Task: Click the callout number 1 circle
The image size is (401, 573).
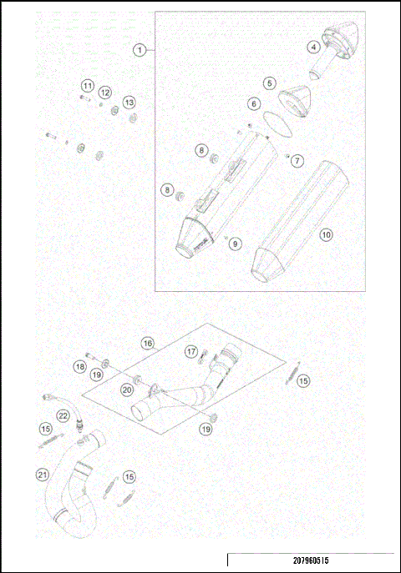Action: coord(140,49)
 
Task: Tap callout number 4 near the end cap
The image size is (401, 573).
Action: coord(314,48)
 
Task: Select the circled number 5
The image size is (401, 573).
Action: coord(269,83)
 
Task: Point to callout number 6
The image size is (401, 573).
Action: coord(252,104)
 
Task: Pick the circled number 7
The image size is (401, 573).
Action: coord(297,159)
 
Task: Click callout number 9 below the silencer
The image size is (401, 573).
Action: coord(236,244)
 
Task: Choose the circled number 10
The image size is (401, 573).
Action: coord(327,235)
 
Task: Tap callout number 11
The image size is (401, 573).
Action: coord(87,86)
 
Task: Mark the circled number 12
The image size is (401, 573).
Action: coord(105,92)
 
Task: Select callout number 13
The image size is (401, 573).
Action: coord(129,102)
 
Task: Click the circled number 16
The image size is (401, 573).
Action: coord(147,343)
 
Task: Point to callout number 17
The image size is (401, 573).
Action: coord(191,351)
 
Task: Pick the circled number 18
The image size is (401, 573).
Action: coord(79,366)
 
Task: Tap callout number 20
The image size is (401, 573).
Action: coord(127,389)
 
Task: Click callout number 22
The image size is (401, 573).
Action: coord(63,415)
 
